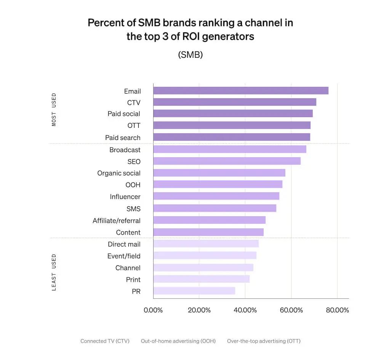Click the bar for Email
tap(241, 91)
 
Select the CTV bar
tap(235, 102)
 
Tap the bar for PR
tap(194, 291)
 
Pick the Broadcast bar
tap(230, 149)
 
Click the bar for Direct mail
tap(206, 244)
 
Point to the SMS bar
tap(215, 208)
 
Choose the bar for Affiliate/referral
tap(209, 220)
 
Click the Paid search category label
tap(123, 137)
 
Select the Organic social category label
tap(119, 173)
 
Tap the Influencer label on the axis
tap(125, 197)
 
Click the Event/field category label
tap(124, 256)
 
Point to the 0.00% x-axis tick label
tap(153, 310)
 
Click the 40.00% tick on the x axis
tap(245, 310)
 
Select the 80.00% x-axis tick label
tap(337, 310)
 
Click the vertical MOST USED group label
tap(54, 110)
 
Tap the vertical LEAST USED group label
tap(54, 272)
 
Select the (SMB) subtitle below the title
tap(190, 54)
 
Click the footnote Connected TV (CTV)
tap(105, 341)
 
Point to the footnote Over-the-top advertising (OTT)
tap(264, 341)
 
